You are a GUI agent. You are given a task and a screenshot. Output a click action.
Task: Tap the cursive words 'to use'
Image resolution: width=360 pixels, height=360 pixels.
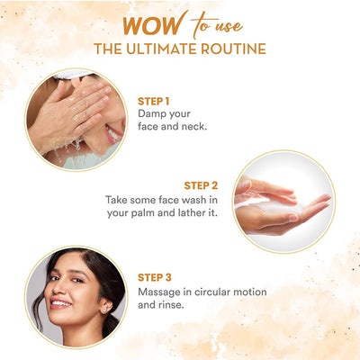(216, 25)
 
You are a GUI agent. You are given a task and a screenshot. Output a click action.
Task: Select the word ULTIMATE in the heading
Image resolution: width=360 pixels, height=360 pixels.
(162, 49)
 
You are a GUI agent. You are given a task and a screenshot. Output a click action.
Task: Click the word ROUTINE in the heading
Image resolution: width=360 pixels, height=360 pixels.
(233, 49)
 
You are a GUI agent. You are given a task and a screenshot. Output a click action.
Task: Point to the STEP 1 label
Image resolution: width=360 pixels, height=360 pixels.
(154, 102)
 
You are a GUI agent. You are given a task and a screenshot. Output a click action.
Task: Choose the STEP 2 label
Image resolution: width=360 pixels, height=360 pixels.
(201, 185)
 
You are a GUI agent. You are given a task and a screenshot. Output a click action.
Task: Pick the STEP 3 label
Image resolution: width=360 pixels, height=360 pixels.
(155, 277)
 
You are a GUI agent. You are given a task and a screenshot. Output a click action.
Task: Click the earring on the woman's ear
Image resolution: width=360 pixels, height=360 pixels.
(104, 310)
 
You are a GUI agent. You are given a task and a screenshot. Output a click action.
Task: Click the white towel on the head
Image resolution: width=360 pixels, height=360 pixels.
(72, 74)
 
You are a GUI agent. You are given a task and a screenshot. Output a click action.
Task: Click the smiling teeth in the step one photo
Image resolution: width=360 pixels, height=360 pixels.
(114, 134)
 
